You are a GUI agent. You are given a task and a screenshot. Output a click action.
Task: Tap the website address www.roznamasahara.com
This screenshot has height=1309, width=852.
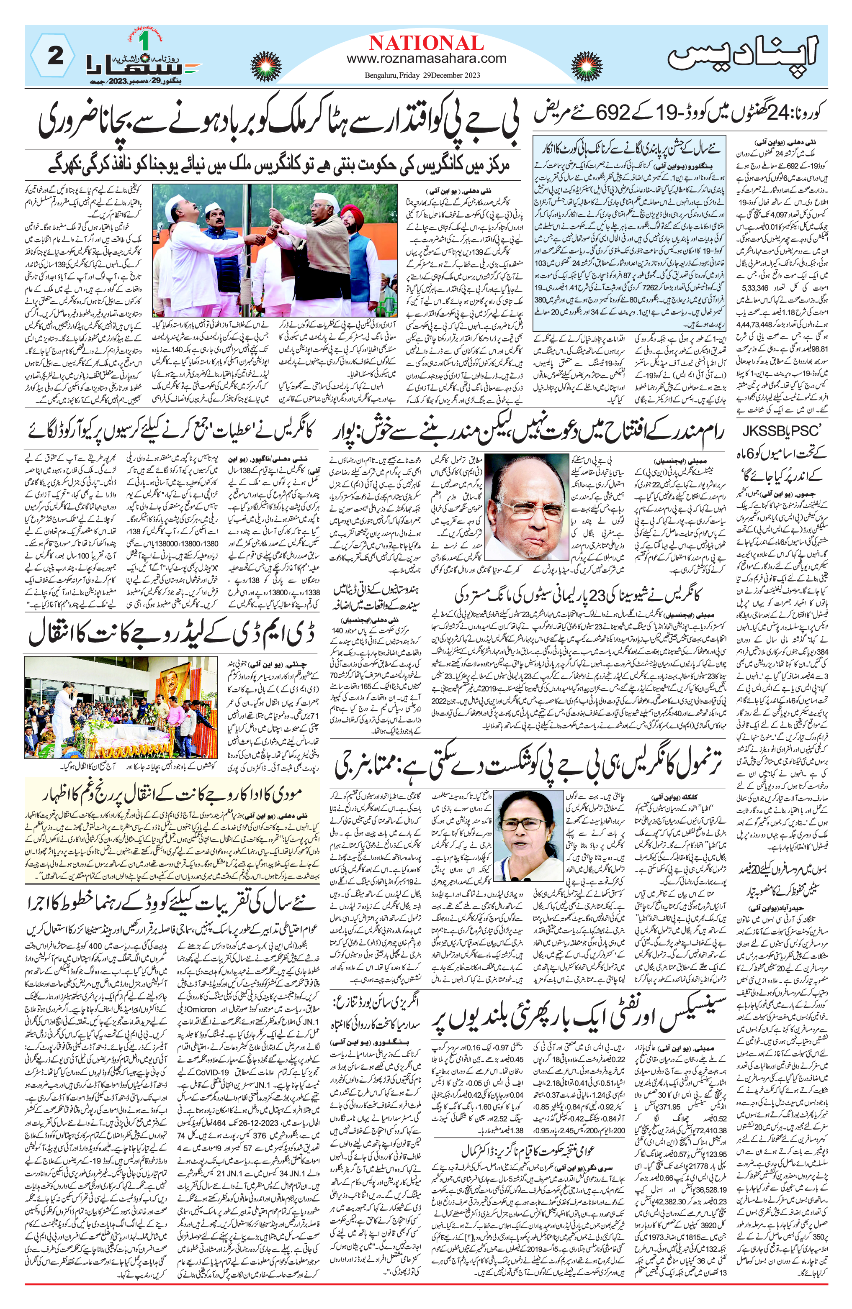click(x=426, y=58)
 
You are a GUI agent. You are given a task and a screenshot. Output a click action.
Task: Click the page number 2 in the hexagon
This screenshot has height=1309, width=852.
click(x=55, y=56)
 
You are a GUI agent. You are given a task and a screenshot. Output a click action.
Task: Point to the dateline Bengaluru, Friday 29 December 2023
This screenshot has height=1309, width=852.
click(x=422, y=75)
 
